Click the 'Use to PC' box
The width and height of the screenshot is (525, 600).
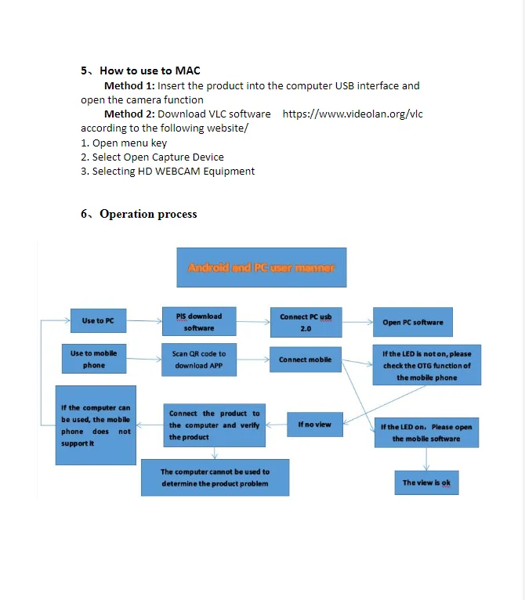pyautogui.click(x=98, y=320)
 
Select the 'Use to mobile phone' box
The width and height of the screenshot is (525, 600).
pyautogui.click(x=94, y=359)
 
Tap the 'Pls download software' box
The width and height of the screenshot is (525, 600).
pyautogui.click(x=199, y=322)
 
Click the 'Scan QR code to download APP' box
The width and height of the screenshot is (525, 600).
pyautogui.click(x=199, y=360)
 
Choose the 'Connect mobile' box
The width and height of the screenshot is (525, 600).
pyautogui.click(x=306, y=360)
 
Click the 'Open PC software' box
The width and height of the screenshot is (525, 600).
pyautogui.click(x=413, y=322)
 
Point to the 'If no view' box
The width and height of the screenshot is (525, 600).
pyautogui.click(x=315, y=425)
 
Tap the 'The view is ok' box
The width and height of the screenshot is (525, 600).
pyautogui.click(x=426, y=483)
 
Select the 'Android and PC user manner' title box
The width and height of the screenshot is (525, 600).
pyautogui.click(x=261, y=268)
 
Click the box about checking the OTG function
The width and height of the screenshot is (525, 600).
pyautogui.click(x=426, y=365)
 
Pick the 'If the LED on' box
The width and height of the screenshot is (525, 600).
pyautogui.click(x=426, y=432)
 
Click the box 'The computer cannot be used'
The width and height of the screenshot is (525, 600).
pyautogui.click(x=215, y=477)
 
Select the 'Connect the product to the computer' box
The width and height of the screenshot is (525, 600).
pyautogui.click(x=215, y=425)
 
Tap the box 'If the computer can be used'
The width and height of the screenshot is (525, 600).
pyautogui.click(x=96, y=425)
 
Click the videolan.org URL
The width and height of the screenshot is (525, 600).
pyautogui.click(x=352, y=114)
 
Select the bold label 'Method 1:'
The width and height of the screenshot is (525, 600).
pyautogui.click(x=129, y=85)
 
